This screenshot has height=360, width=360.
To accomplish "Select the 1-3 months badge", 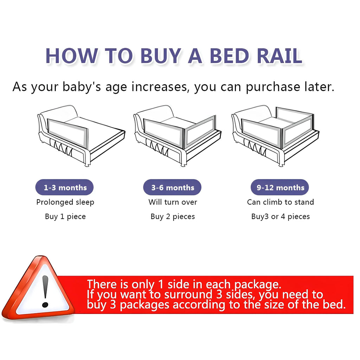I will (x=65, y=188).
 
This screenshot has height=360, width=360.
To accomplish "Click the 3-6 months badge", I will (x=172, y=188).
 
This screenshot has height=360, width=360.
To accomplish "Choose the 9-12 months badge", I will (x=280, y=188).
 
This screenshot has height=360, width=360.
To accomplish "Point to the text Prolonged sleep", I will (x=65, y=202).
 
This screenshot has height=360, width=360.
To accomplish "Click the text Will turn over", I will (x=173, y=202).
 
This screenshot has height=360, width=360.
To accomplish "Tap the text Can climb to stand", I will (x=280, y=202).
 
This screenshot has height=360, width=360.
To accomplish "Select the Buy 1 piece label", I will (x=65, y=217).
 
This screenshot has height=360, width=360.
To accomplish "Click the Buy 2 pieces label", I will (x=173, y=217).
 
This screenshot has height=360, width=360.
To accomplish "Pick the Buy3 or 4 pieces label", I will (x=280, y=217).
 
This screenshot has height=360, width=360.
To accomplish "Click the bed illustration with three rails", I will (x=275, y=135).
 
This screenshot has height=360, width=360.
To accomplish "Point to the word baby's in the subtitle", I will (x=82, y=87).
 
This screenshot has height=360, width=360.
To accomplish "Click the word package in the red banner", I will (x=256, y=284).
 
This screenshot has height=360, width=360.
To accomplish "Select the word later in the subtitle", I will (x=315, y=86).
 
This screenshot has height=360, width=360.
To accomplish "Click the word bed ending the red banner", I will (x=332, y=304).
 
